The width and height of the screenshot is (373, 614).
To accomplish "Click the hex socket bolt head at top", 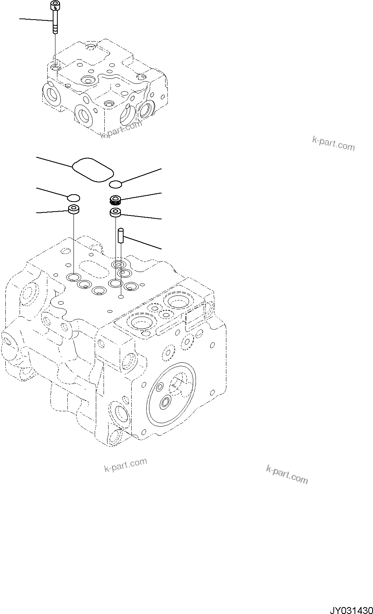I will [55, 6].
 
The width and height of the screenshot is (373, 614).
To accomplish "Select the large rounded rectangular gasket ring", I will [92, 169].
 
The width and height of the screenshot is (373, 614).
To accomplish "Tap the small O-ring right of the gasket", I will [115, 184].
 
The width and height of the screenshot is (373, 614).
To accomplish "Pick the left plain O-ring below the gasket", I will [74, 198].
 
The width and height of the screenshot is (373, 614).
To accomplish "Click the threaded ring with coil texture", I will [115, 200].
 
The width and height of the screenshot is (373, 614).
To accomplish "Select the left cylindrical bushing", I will [74, 210].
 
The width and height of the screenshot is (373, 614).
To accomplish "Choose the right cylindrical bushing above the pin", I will [115, 212].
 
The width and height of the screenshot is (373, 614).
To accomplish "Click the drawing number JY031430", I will [350, 607].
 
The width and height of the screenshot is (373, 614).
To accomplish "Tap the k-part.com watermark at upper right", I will [333, 143].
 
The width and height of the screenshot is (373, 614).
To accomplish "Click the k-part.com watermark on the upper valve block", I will [121, 129].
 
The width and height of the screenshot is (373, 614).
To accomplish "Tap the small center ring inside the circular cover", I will [166, 402].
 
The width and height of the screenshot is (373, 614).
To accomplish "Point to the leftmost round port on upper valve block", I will [51, 94].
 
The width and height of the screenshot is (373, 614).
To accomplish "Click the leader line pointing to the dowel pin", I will [142, 243].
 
